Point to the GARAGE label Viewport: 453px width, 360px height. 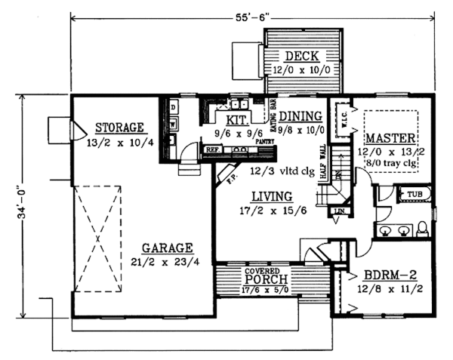[x=166, y=248]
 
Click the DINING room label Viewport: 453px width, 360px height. [x=300, y=116]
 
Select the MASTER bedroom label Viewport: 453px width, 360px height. [x=390, y=138]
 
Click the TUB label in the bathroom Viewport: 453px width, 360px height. [x=414, y=194]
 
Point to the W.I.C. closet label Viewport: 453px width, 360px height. [x=341, y=121]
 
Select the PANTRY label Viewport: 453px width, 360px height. [x=263, y=141]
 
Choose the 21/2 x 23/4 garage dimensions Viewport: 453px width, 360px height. [x=166, y=262]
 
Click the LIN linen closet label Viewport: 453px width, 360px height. [x=339, y=210]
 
